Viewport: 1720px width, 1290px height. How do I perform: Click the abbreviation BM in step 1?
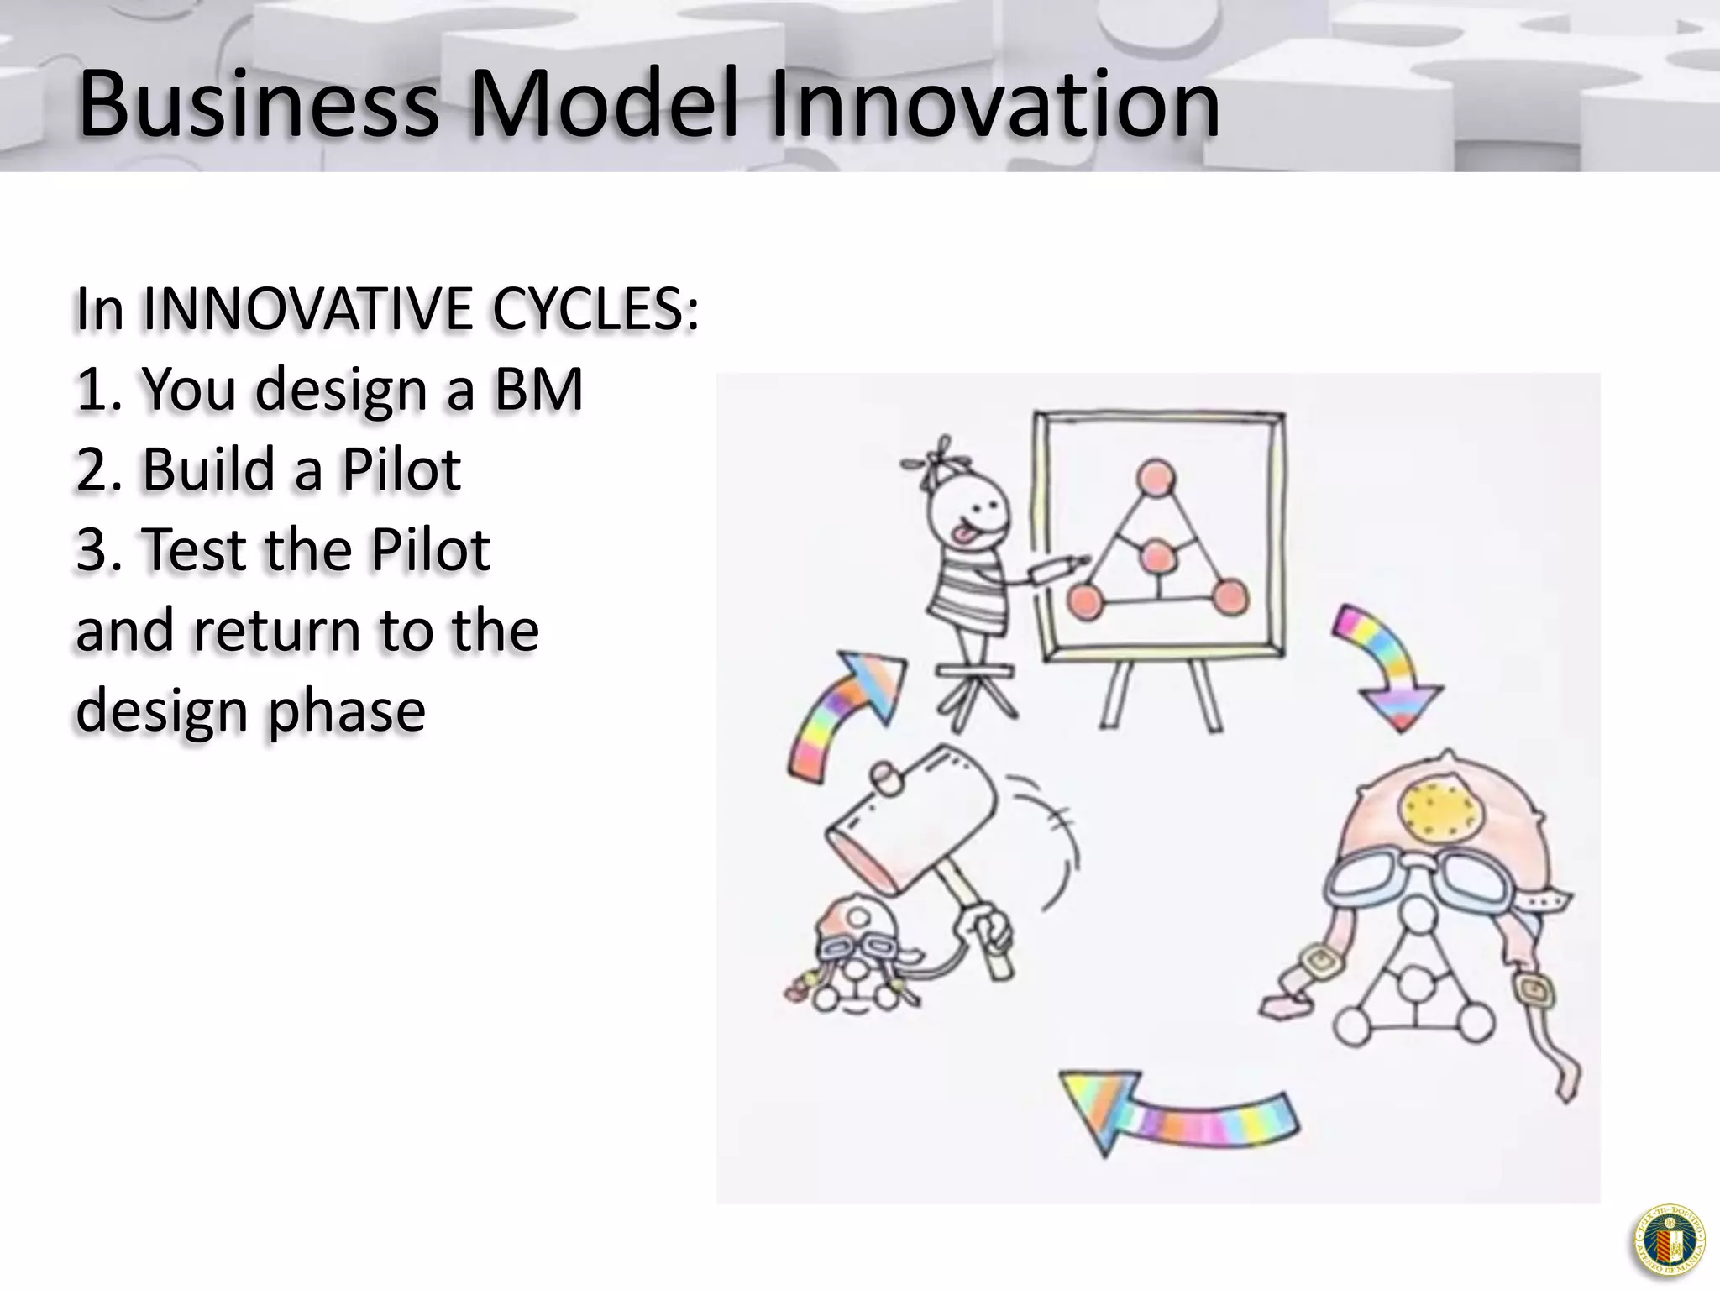(x=538, y=390)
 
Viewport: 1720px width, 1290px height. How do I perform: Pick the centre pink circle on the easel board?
(x=1157, y=556)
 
